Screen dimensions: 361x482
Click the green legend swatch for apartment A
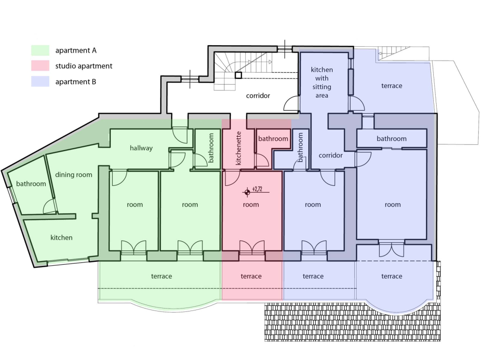40,51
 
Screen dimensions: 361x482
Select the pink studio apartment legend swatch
40,66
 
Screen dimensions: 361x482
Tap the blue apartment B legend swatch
40,82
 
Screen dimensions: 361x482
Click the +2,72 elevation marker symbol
247,192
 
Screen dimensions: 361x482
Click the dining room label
73,175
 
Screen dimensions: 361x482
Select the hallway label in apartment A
141,148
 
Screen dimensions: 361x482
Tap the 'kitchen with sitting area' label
321,83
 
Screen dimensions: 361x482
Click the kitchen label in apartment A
62,237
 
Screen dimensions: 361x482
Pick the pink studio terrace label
251,276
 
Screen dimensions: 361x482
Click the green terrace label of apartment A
161,276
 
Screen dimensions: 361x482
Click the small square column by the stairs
238,75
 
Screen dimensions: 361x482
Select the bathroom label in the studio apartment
273,139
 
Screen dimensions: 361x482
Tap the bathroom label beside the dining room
31,184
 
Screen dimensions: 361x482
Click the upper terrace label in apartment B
391,86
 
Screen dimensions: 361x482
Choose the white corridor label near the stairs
258,96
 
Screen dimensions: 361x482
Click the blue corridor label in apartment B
331,155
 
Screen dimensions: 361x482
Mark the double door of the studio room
252,247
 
